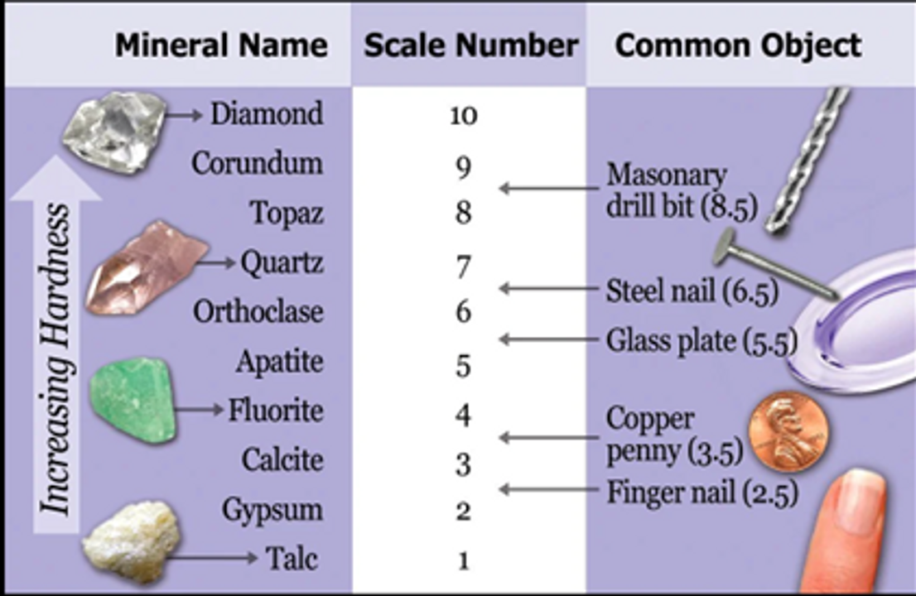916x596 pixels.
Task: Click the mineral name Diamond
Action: click(266, 113)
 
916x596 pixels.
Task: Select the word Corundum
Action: click(257, 163)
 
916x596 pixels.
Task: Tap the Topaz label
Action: click(287, 213)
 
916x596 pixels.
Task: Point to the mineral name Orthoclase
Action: click(258, 312)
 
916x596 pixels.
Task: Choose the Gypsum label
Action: click(272, 510)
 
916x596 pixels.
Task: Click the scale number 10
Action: click(463, 115)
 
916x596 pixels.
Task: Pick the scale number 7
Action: click(463, 267)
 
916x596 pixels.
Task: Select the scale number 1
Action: click(463, 560)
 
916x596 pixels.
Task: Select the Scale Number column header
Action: click(470, 46)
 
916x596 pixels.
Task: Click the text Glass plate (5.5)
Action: click(701, 340)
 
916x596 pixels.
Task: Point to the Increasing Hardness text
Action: click(56, 360)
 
